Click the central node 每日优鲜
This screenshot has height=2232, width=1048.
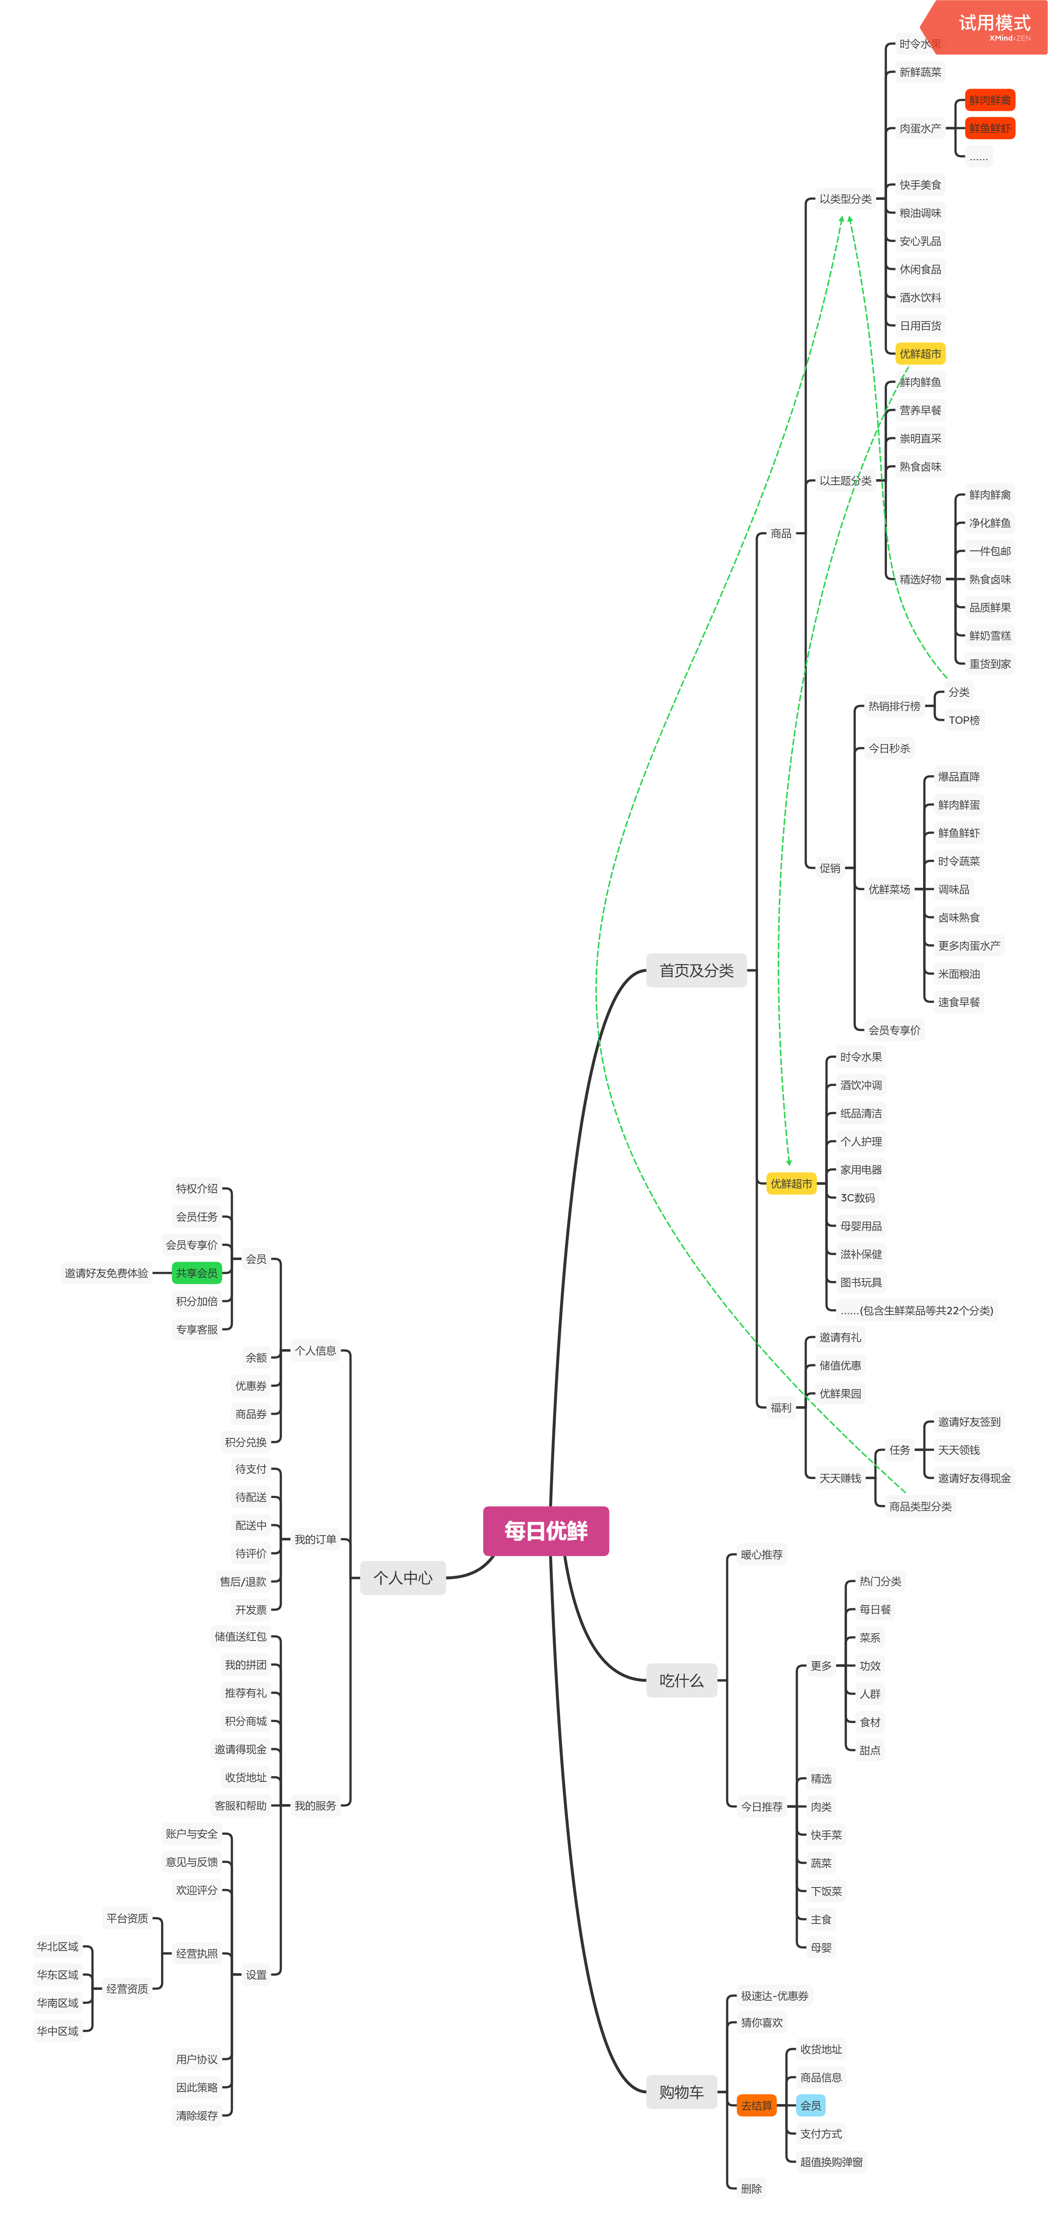546,1531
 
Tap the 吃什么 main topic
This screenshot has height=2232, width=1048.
682,1680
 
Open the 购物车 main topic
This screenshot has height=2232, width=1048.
682,2091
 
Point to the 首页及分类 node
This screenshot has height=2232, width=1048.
696,970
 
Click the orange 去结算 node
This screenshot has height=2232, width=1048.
756,2106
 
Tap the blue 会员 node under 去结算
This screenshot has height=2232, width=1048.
811,2106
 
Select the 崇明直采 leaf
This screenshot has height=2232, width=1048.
920,438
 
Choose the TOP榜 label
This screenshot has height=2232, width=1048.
964,720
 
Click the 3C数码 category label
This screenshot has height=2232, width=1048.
857,1197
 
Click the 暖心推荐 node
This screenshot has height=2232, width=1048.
761,1555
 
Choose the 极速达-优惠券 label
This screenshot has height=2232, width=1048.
774,1995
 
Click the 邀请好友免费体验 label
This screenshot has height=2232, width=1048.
106,1273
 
